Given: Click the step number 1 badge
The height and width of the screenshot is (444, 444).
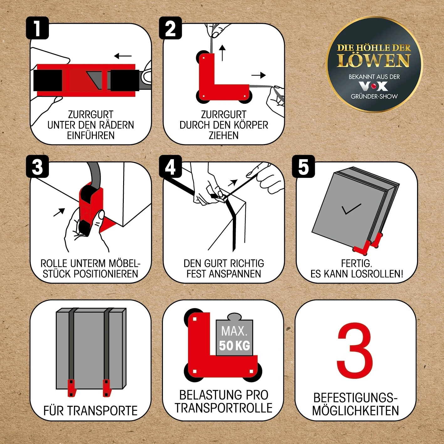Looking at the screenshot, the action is pos(37,28).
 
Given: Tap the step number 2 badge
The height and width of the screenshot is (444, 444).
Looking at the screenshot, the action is pos(170,28).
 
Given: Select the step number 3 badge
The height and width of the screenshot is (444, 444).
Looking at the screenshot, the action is pos(37,166).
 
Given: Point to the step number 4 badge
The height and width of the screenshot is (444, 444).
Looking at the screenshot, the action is pos(170,166).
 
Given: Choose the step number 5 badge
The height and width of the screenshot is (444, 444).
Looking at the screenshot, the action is pos(303,166).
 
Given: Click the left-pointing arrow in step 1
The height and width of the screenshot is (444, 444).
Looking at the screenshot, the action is pos(123,56).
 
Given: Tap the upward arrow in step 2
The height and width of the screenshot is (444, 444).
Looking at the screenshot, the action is pos(222,53).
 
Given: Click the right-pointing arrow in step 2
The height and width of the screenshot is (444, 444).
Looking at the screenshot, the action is pos(259,75).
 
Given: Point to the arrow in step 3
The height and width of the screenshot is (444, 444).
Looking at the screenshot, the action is pos(59,212).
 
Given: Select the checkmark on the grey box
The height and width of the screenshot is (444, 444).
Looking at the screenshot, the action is pos(351,209).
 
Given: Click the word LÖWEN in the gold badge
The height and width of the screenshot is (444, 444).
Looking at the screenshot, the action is pos(374,60).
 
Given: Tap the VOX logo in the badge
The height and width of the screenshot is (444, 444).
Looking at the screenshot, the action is pos(373,86).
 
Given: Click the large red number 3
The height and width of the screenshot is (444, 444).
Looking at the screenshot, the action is pos(355,350).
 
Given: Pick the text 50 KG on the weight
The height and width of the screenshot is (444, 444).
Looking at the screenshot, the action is pos(235,346).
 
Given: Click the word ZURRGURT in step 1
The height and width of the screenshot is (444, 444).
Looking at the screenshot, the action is pos(91,114).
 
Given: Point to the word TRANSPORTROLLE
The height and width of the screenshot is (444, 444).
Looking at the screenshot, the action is pos(223,408).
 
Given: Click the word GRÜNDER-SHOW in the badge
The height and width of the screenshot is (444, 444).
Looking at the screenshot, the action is pos(374,96).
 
